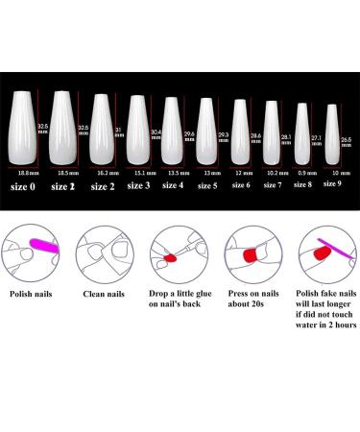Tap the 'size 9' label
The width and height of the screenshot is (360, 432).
[x=333, y=182]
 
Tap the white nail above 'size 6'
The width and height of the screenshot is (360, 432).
[x=240, y=132]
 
